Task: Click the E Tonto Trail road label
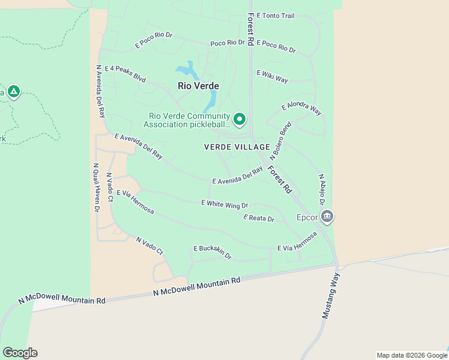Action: click(x=276, y=15)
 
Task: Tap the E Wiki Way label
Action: click(x=273, y=76)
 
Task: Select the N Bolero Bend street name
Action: click(x=285, y=140)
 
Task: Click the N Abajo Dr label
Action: click(x=322, y=190)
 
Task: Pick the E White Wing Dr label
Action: click(x=224, y=205)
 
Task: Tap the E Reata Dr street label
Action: click(x=259, y=218)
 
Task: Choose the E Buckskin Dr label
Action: click(x=212, y=252)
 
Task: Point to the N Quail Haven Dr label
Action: click(x=95, y=188)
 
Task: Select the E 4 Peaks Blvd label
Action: click(x=125, y=73)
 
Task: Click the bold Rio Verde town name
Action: click(x=199, y=86)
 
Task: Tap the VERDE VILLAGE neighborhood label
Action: click(x=237, y=147)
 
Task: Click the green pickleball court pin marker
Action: click(x=240, y=119)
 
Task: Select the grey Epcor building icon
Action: click(x=327, y=216)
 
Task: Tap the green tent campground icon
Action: click(x=13, y=92)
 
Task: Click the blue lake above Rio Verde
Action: click(x=188, y=71)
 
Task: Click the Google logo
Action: click(x=20, y=353)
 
